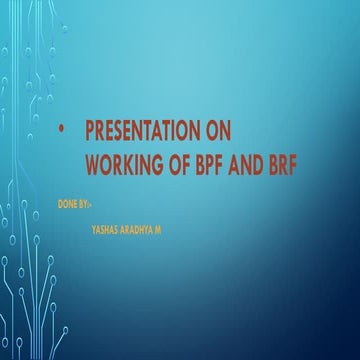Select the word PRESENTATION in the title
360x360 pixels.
click(x=146, y=131)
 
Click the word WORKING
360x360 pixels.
click(x=123, y=159)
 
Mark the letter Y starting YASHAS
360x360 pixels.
click(x=93, y=228)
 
